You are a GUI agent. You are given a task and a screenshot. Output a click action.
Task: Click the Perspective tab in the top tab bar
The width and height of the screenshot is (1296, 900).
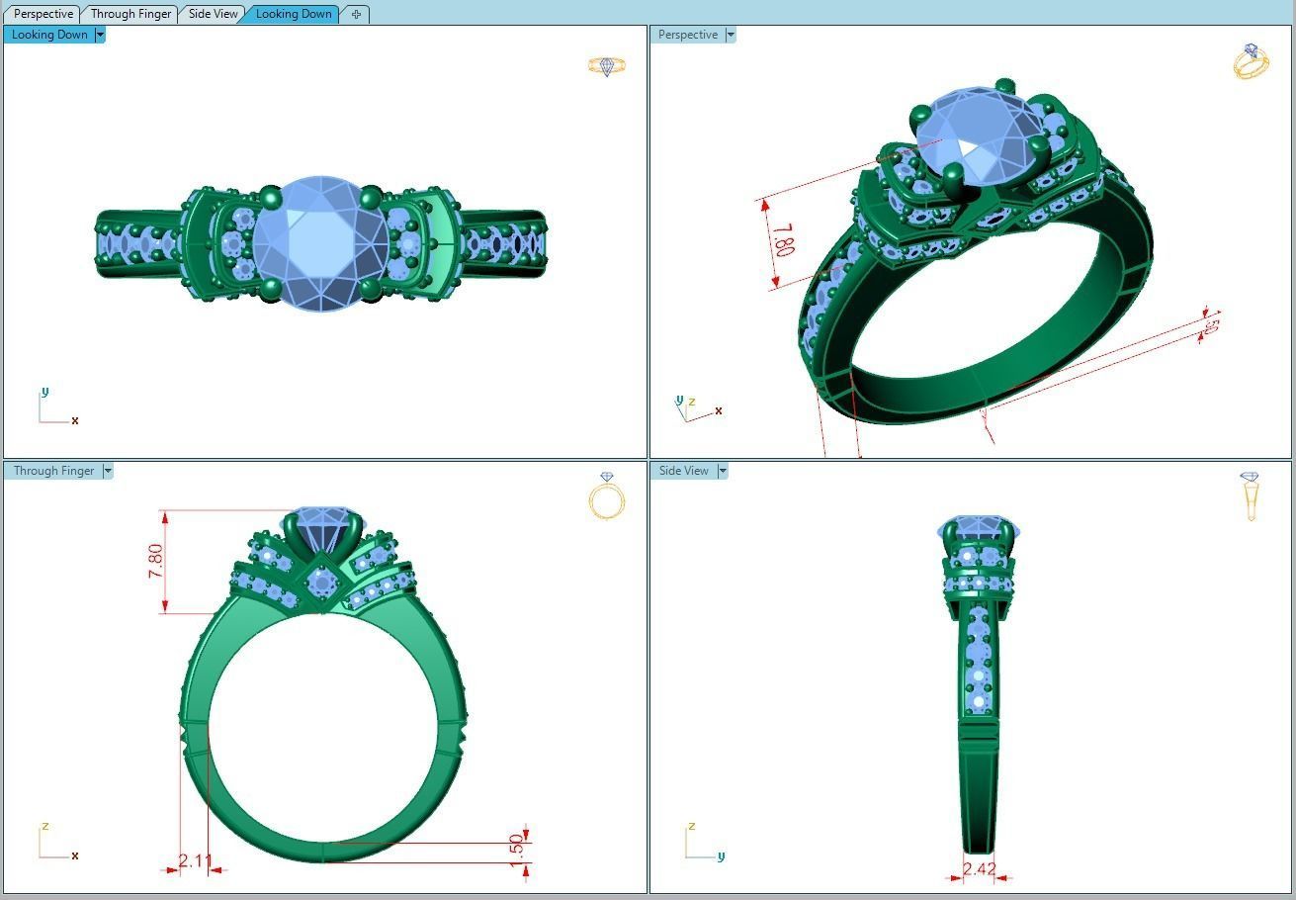[43, 14]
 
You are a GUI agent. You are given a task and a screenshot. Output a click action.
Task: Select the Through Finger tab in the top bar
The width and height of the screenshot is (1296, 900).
[130, 14]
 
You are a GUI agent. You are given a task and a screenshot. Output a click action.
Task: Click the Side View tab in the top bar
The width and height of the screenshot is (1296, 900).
[214, 14]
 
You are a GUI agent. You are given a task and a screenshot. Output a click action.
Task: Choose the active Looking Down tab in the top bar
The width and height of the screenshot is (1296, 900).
[294, 14]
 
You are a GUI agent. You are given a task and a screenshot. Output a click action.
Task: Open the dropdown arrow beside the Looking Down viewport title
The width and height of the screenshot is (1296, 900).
[100, 35]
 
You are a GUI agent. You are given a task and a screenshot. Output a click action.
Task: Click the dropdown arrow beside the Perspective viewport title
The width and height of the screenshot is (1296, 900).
[731, 35]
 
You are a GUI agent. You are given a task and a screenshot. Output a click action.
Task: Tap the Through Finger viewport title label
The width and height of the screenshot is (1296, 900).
[53, 471]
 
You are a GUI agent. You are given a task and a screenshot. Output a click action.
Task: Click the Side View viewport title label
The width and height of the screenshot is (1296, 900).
[683, 471]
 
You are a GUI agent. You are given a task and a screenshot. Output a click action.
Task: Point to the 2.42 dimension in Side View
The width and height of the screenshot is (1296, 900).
[979, 869]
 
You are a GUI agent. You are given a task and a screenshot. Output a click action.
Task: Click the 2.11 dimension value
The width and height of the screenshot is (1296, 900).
[196, 861]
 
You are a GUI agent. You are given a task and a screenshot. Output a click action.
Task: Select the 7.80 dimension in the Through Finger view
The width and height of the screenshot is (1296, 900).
[156, 562]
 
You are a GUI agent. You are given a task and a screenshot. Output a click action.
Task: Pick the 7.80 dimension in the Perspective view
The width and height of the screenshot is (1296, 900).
[782, 240]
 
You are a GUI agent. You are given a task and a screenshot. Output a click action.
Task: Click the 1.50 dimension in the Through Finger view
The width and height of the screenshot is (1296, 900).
[515, 847]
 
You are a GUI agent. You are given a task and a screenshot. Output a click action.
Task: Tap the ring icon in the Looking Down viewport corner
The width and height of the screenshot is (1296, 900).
[607, 66]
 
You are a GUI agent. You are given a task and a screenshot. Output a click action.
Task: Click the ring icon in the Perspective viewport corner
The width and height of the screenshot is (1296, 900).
[1251, 61]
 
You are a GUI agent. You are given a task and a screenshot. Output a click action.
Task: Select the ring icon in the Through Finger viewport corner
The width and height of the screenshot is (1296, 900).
[607, 496]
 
